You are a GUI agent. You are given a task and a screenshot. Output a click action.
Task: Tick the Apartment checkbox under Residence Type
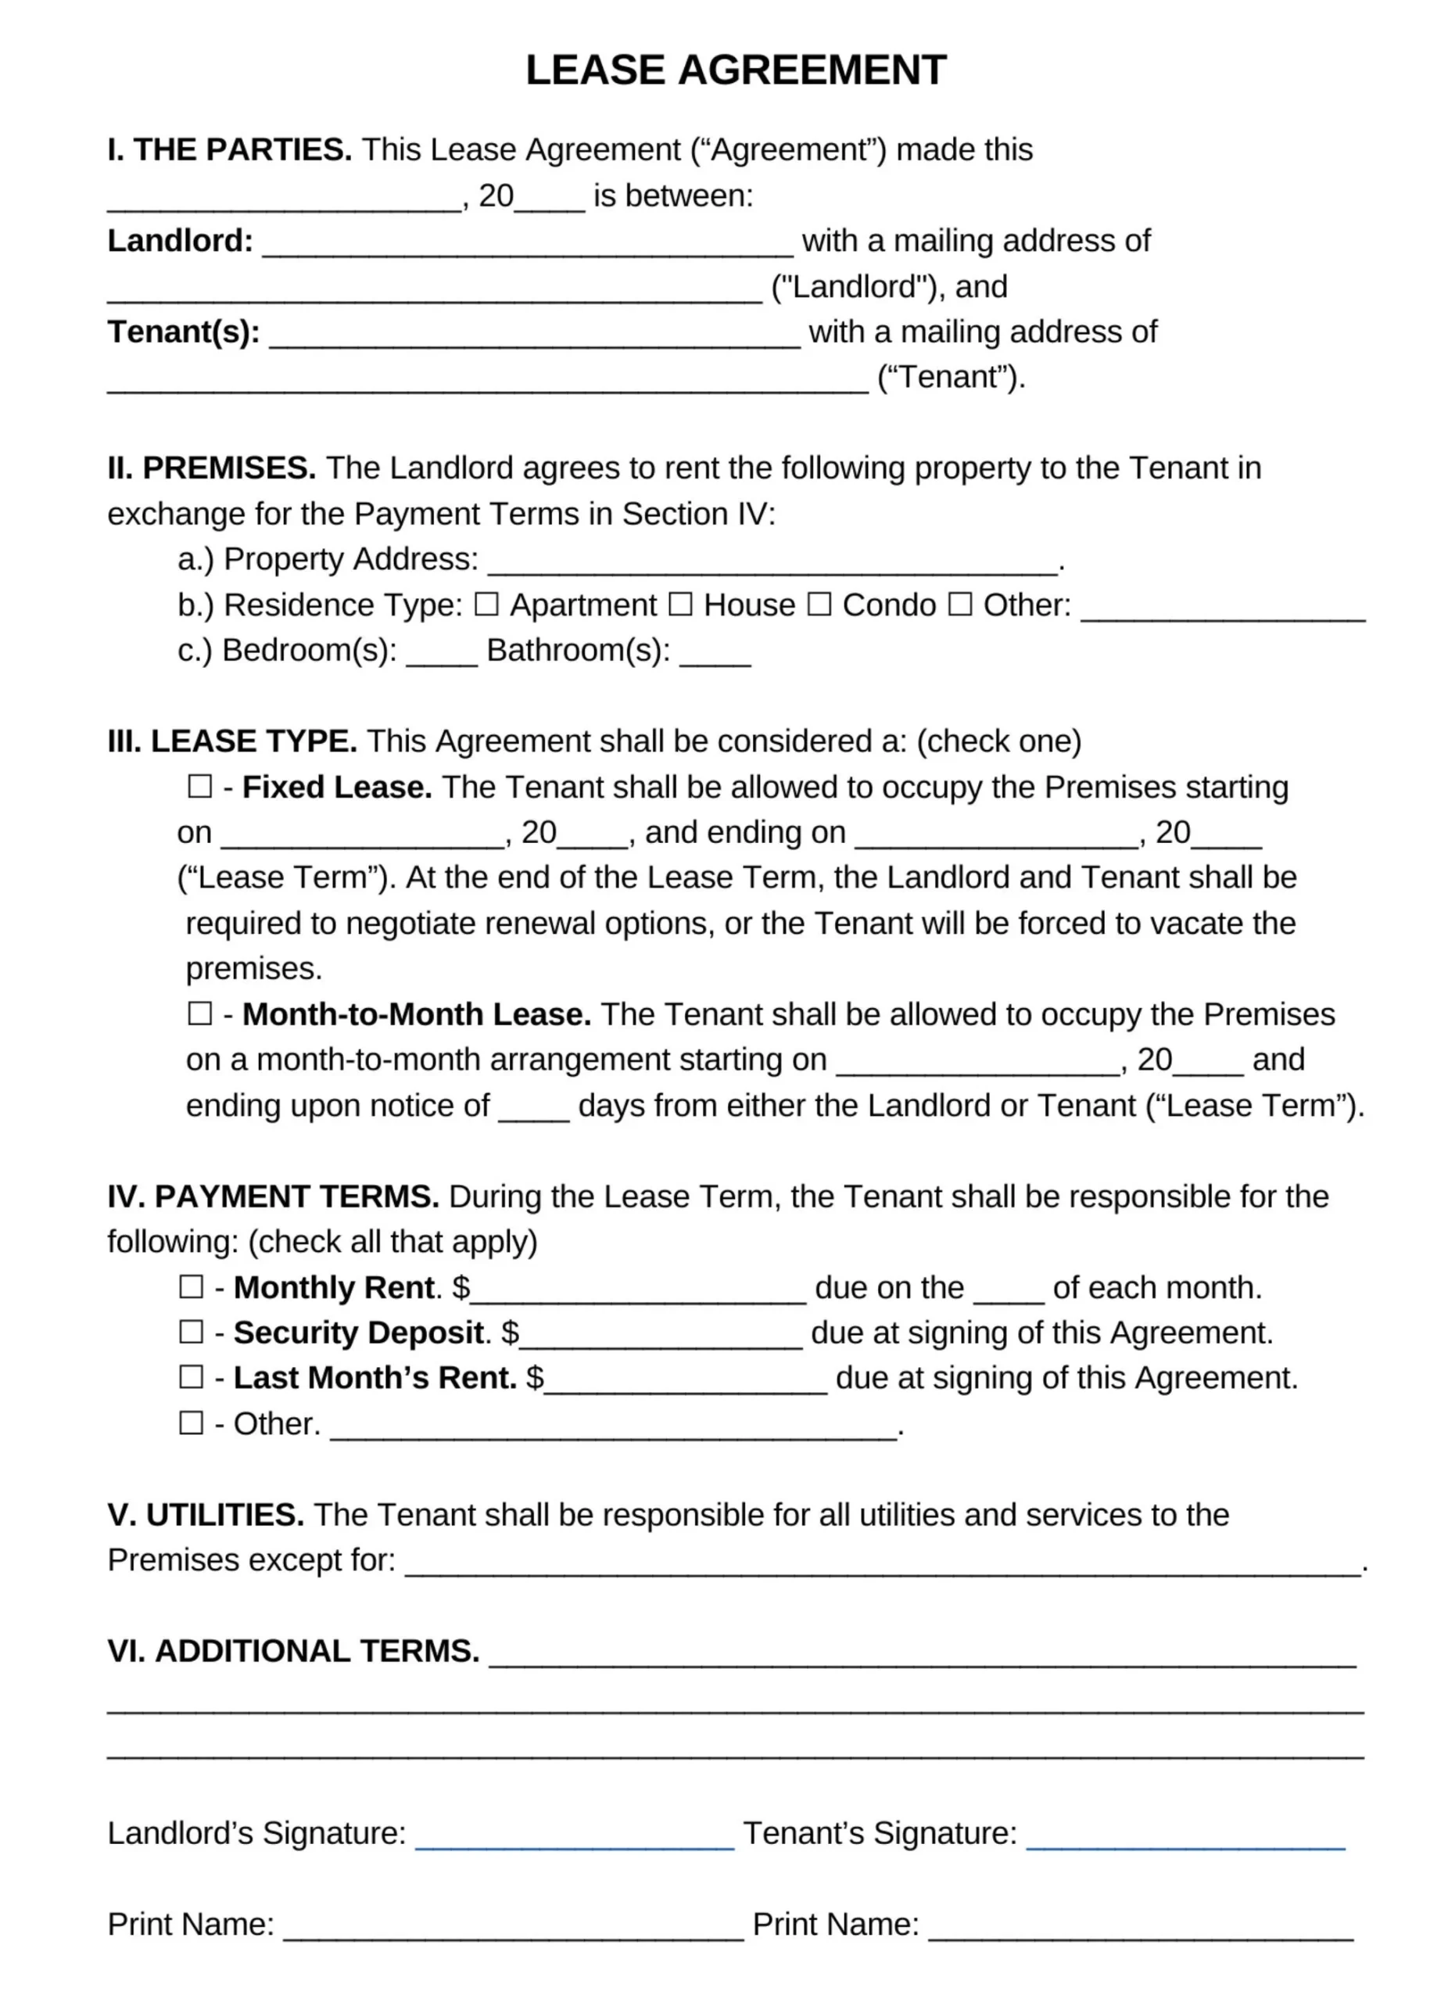coord(486,605)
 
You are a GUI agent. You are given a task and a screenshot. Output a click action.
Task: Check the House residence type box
coord(679,605)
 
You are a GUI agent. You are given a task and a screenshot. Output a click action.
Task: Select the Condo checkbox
coord(819,605)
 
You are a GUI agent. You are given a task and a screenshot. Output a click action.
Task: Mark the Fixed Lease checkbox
coord(200,786)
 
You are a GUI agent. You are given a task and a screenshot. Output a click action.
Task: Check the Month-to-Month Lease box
coord(200,1013)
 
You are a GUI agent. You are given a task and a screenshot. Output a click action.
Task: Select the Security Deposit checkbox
coord(191,1332)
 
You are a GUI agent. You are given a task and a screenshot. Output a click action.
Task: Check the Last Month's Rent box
coord(191,1376)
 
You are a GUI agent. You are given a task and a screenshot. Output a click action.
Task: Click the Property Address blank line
coord(772,564)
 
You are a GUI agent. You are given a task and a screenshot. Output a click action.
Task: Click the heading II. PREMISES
coord(211,468)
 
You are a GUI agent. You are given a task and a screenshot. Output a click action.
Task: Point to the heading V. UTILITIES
coord(205,1515)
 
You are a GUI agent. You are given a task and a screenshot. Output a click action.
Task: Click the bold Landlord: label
coord(181,240)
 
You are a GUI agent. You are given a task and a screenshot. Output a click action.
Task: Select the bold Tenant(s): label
coord(183,332)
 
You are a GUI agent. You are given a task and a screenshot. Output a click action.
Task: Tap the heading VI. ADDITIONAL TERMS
coord(293,1651)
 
